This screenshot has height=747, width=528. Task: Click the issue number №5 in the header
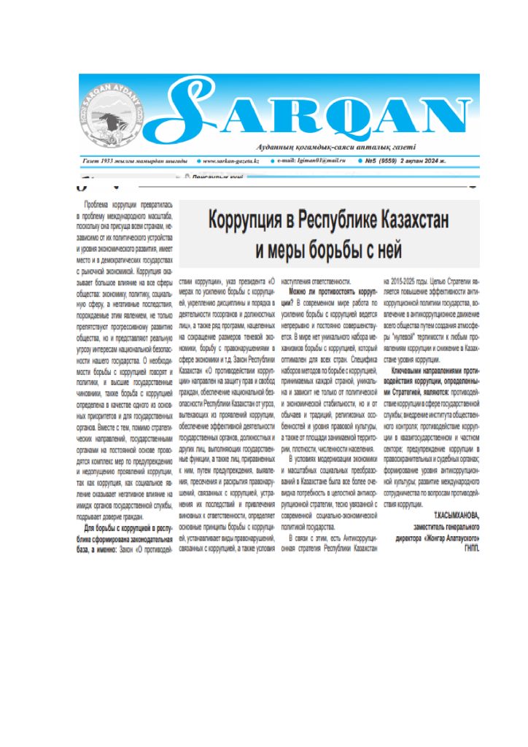[374, 160]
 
